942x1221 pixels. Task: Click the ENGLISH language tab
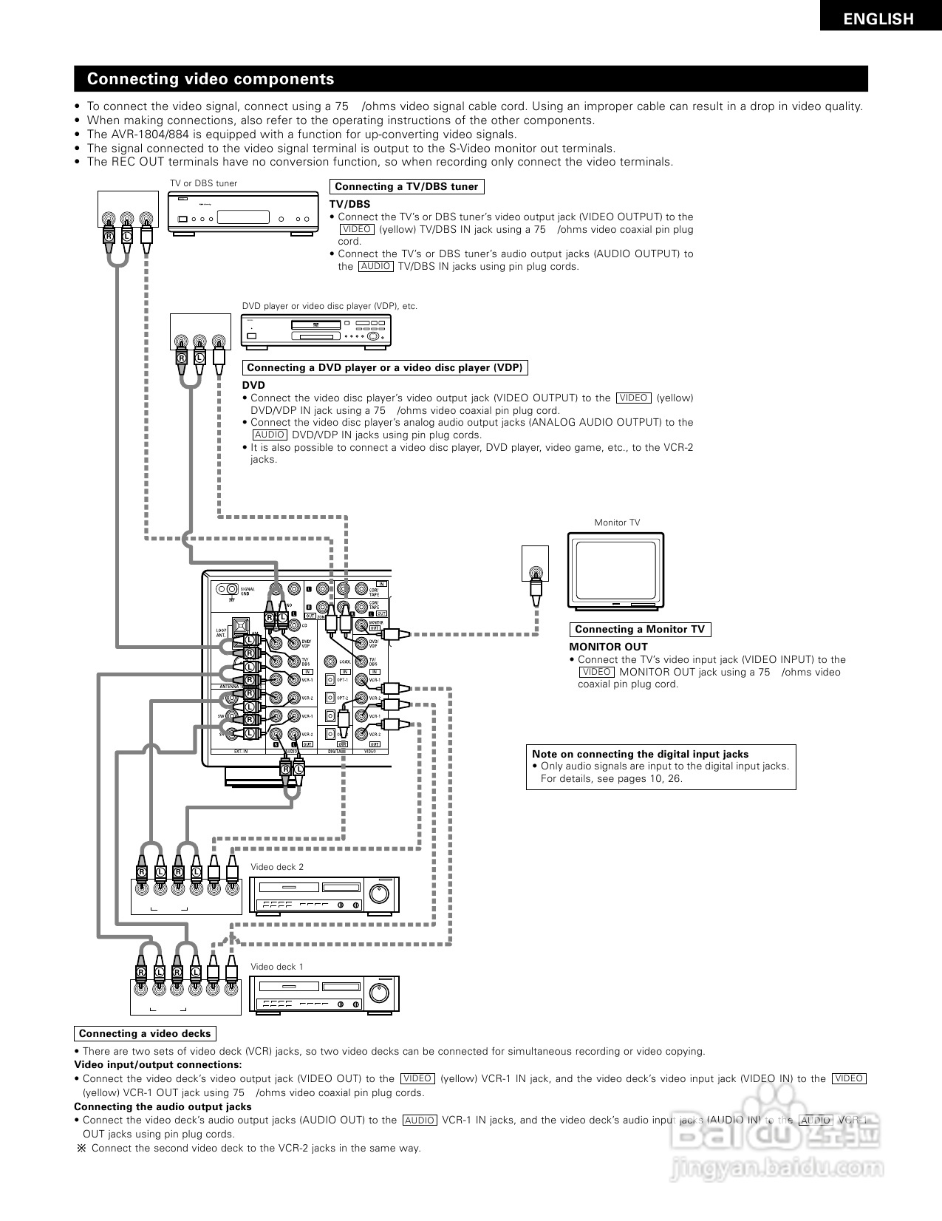tap(878, 19)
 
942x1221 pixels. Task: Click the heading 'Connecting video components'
tap(211, 79)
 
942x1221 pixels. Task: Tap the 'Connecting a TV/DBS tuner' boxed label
tap(406, 187)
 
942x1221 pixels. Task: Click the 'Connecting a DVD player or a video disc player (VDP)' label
tap(385, 368)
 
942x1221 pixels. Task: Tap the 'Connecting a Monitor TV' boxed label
tap(639, 630)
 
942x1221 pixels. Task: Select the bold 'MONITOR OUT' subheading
tap(608, 647)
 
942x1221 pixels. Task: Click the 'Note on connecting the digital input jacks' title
tap(640, 754)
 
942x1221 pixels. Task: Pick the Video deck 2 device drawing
tap(324, 896)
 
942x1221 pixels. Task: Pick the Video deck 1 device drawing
tap(324, 994)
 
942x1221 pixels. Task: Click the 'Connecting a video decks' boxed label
tap(145, 1034)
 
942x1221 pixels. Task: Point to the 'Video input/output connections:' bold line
tap(157, 1065)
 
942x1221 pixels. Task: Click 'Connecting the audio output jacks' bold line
tap(163, 1106)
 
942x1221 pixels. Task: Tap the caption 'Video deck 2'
tap(277, 867)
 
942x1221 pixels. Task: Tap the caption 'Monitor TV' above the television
tap(617, 523)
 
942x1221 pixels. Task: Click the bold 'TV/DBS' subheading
tap(349, 204)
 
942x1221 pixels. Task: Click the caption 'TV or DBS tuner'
tap(204, 183)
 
